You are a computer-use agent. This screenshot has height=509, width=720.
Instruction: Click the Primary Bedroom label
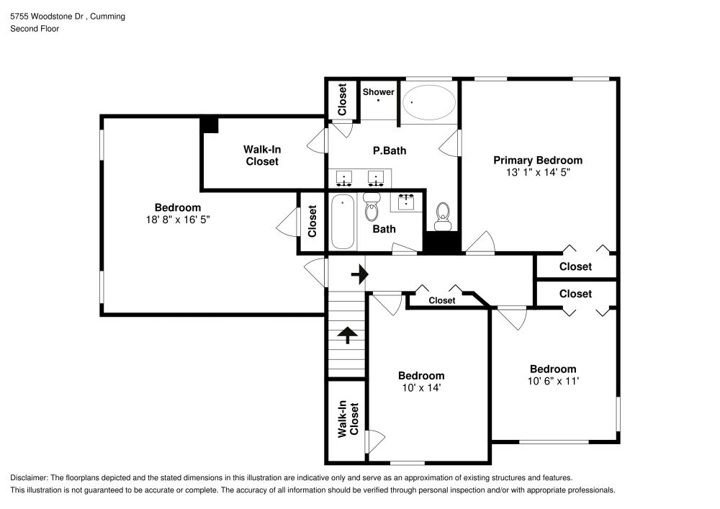(537, 160)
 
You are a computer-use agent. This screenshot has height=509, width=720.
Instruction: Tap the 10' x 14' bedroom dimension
(421, 387)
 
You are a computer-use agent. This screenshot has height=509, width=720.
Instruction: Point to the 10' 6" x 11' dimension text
(552, 381)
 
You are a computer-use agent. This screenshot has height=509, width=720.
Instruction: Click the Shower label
(378, 92)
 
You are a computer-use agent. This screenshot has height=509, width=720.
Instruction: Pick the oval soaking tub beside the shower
(428, 103)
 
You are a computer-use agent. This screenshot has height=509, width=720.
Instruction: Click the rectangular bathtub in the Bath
(343, 220)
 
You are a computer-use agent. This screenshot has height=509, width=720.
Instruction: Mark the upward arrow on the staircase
(347, 335)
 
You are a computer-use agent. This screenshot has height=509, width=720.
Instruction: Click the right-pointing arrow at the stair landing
(359, 274)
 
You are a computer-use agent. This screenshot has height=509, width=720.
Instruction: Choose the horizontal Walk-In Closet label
(261, 156)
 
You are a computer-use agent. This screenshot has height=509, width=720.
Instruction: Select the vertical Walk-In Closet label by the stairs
(347, 419)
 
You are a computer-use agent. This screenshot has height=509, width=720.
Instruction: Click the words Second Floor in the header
(35, 29)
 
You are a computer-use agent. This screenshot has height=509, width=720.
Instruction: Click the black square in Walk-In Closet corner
(209, 125)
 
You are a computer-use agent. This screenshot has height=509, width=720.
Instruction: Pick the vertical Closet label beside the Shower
(342, 100)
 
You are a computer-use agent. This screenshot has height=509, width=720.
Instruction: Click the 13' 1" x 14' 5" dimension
(537, 173)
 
